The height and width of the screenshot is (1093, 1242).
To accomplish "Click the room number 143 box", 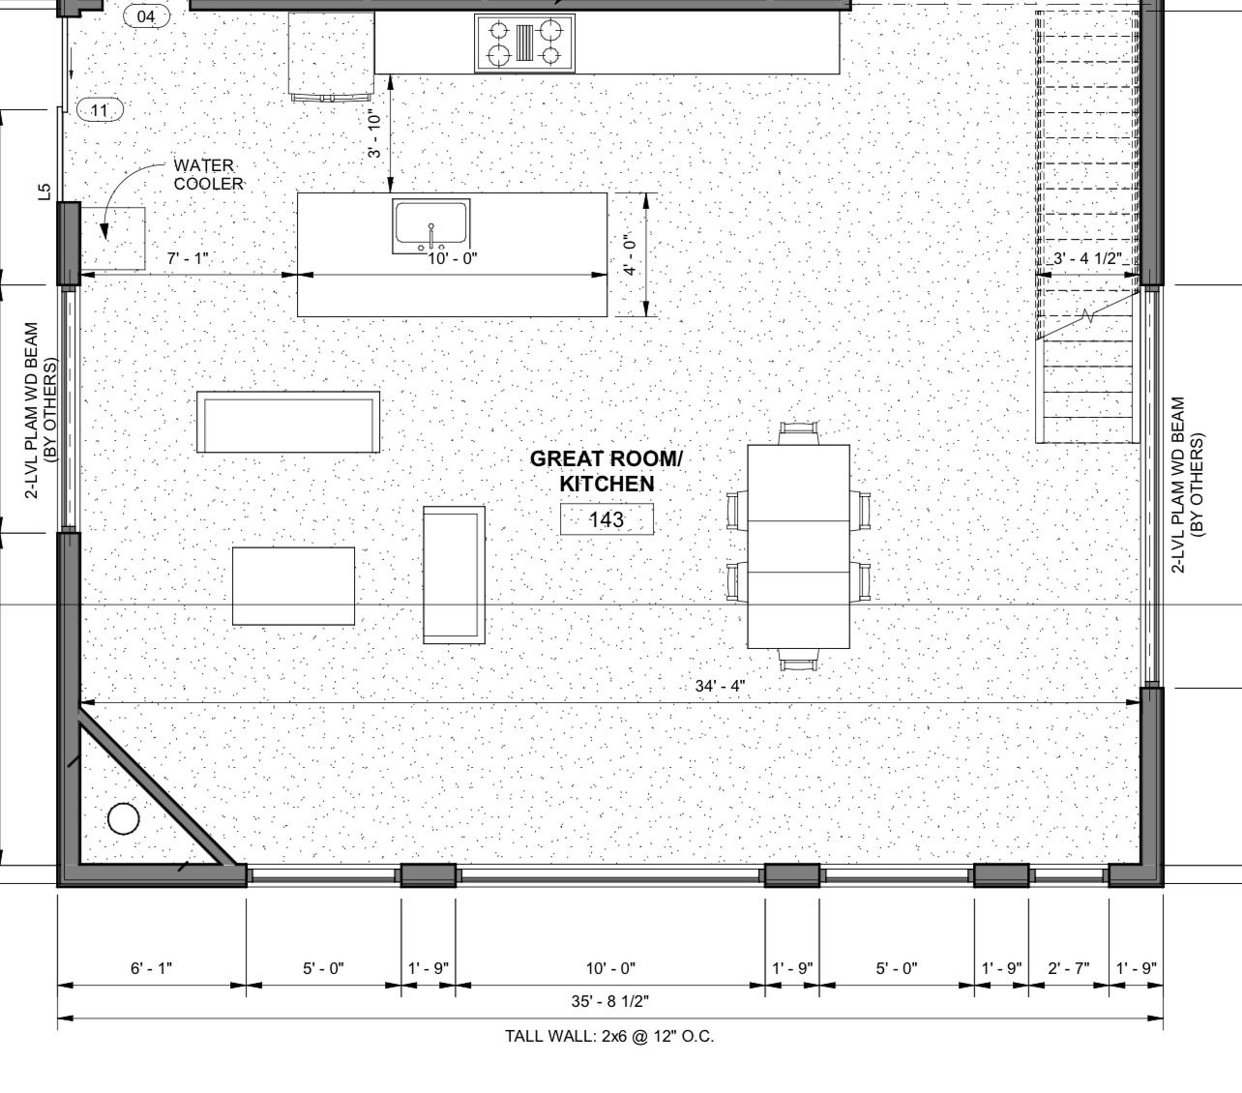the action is tap(606, 519).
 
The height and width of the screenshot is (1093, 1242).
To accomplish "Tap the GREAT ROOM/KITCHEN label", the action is tap(606, 471).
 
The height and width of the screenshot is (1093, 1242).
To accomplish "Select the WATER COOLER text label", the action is tap(208, 175).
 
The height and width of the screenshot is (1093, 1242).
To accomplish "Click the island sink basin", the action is tap(431, 225).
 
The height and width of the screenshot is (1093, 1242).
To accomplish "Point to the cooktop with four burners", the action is tap(524, 43).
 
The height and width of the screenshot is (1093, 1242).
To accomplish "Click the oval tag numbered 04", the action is tap(146, 16).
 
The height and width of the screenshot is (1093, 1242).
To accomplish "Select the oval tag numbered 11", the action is tap(100, 110).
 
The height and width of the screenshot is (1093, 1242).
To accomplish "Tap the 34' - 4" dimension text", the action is tap(720, 686).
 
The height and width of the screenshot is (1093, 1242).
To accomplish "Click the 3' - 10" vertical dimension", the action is tap(374, 134).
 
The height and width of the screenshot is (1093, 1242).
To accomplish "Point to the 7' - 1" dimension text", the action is tap(188, 258).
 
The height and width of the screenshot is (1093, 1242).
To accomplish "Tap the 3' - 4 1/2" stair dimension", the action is tap(1087, 258).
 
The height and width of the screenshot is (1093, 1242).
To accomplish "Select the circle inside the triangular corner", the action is tap(123, 818).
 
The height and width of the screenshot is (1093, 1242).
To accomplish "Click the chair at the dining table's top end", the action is tap(799, 432).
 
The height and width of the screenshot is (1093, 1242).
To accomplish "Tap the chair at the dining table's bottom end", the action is tap(798, 660).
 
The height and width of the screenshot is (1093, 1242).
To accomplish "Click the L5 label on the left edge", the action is tap(44, 192).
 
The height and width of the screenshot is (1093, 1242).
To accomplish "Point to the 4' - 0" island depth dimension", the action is tap(631, 254).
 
